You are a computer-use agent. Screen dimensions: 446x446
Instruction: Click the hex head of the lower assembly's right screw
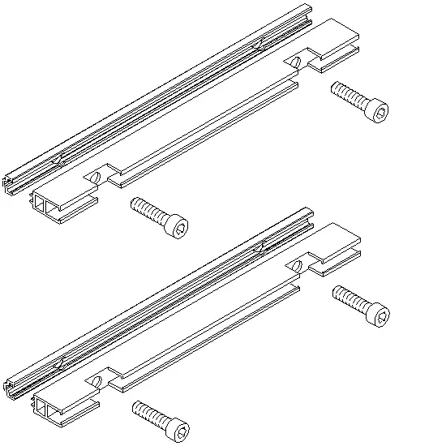click(x=378, y=312)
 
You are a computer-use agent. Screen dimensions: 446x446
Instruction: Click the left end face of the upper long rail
click(x=10, y=182)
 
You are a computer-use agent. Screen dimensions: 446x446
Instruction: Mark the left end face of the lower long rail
click(x=10, y=388)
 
